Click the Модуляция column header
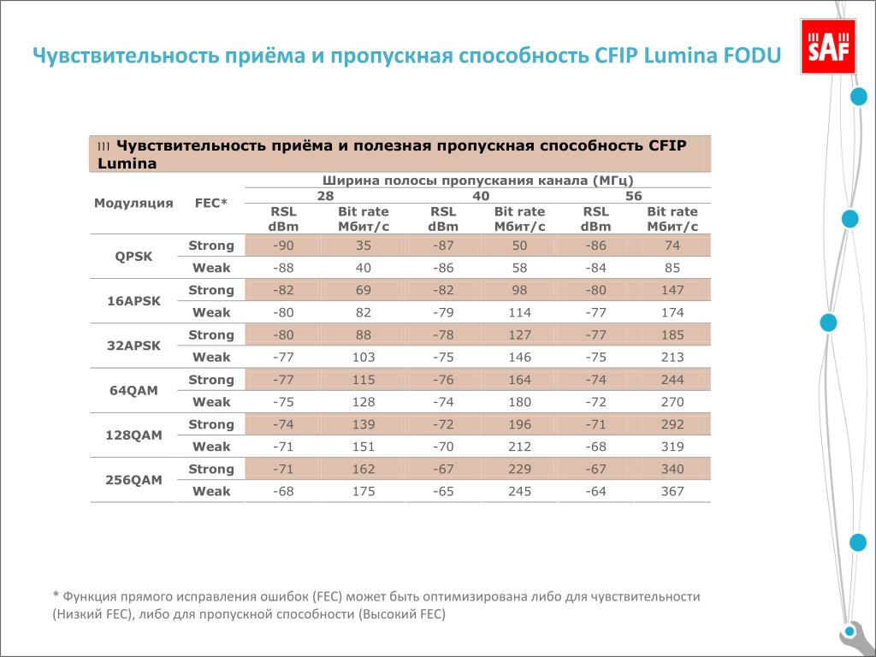[133, 204]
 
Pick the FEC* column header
[211, 204]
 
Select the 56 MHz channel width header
[634, 196]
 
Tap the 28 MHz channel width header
[326, 196]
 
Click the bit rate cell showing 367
[672, 491]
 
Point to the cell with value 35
[364, 246]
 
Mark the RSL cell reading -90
[283, 246]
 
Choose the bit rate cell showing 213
[672, 357]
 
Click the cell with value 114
[519, 312]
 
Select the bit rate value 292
[672, 424]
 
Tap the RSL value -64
[596, 491]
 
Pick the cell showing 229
[519, 469]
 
